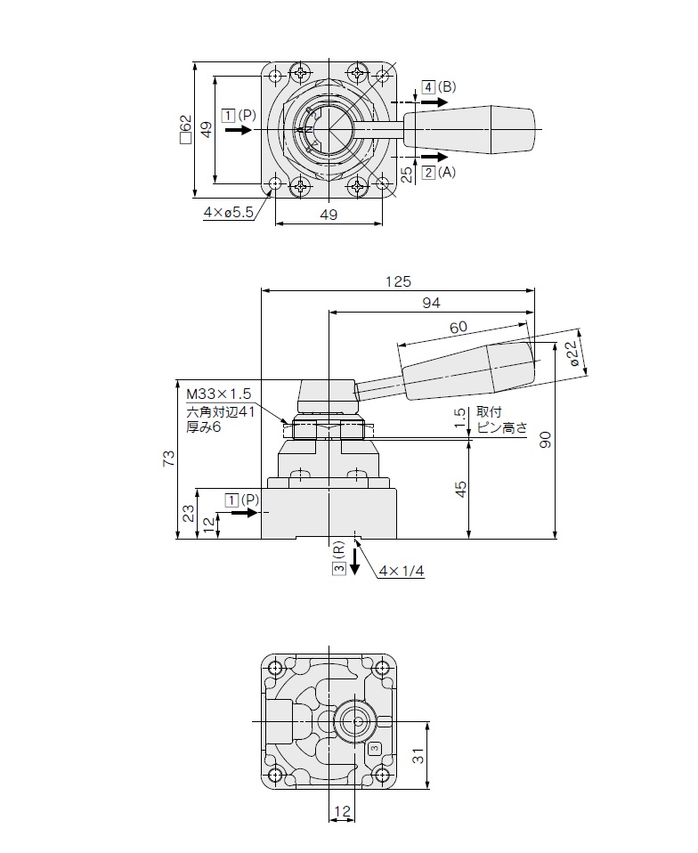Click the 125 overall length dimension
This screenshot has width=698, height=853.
click(x=398, y=281)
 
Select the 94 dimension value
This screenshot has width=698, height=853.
click(x=431, y=303)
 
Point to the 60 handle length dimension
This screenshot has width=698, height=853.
click(x=459, y=327)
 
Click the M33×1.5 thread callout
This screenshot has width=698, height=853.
click(x=219, y=394)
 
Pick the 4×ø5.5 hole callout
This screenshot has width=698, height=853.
click(x=229, y=212)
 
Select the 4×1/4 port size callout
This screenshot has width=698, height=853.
click(x=402, y=572)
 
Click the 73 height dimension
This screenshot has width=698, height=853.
click(x=169, y=458)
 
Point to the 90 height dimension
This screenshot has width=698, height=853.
click(x=546, y=440)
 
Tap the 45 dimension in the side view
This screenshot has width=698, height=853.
click(x=461, y=489)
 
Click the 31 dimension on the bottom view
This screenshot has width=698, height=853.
click(x=418, y=756)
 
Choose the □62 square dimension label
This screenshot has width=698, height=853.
click(x=187, y=129)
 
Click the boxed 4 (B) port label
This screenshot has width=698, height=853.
click(x=439, y=87)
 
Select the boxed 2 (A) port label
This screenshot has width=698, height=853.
click(x=439, y=173)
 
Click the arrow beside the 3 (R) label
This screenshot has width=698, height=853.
click(x=354, y=562)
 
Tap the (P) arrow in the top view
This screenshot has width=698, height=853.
click(x=239, y=130)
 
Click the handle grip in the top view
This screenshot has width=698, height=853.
click(x=469, y=129)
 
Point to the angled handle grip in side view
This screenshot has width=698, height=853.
click(x=469, y=370)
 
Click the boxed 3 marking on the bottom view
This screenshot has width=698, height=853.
click(x=374, y=749)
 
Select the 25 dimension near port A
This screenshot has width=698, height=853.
click(x=407, y=175)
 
